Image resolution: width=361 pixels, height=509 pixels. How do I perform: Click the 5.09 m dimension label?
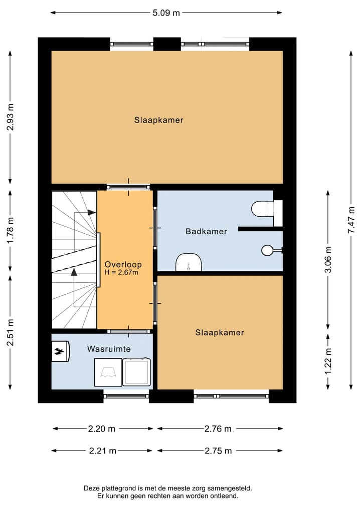[x=166, y=13]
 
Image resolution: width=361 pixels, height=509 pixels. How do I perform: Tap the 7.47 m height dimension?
[x=351, y=220]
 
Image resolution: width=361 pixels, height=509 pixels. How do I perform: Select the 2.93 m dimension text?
[x=11, y=117]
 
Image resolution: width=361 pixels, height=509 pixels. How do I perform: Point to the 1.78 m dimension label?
[x=11, y=231]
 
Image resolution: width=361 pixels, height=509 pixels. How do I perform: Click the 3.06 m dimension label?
[x=328, y=259]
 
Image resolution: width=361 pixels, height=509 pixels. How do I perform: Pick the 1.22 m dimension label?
[x=328, y=361]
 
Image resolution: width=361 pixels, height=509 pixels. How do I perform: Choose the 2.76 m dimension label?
[x=218, y=429]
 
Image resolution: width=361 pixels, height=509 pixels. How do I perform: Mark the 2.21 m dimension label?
[x=103, y=451]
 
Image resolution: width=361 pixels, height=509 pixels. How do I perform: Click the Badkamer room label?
[x=206, y=231]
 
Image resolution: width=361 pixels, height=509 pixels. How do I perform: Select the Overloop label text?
[x=123, y=264]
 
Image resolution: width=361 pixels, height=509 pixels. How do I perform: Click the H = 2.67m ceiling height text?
[x=121, y=272]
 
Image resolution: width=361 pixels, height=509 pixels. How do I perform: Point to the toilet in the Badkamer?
[x=267, y=209]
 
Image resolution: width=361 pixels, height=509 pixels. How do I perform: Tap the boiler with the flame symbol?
[x=61, y=351]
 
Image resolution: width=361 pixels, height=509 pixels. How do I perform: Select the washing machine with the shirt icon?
[x=108, y=372]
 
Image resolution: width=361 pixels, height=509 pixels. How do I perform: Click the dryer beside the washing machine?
[x=136, y=372]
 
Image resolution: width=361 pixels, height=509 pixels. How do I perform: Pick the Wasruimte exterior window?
[x=126, y=396]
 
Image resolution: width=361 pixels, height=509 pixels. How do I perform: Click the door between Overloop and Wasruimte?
[x=128, y=331]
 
